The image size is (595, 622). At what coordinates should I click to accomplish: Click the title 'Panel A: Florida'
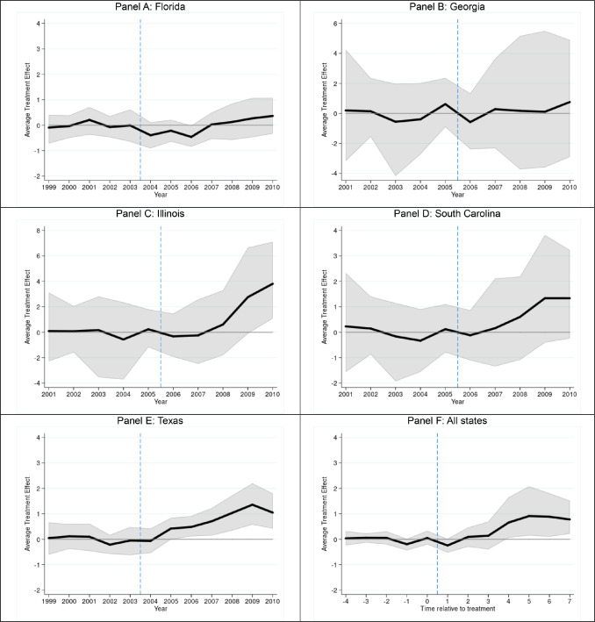point(149,8)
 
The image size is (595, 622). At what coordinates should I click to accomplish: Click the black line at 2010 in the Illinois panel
point(273,283)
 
